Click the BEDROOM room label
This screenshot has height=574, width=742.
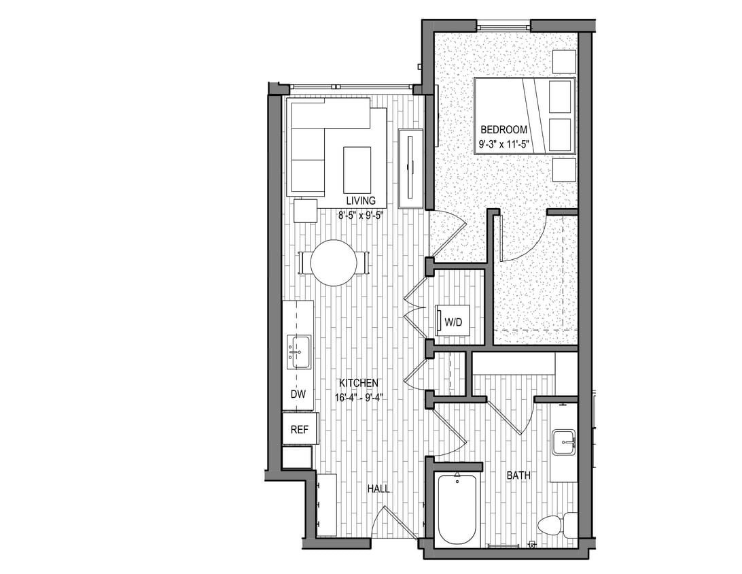click(503, 129)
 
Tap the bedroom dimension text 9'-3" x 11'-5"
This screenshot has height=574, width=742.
click(503, 144)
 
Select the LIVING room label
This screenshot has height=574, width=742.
click(361, 201)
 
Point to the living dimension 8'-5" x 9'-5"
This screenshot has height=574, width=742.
click(361, 216)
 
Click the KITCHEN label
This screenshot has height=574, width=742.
click(357, 384)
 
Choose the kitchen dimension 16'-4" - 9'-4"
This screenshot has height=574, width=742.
click(357, 398)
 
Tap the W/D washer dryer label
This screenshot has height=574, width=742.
click(453, 322)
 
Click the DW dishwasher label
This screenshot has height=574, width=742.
click(298, 394)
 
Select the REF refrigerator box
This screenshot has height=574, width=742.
click(300, 429)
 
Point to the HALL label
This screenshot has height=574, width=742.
click(378, 488)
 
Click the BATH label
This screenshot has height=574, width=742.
click(518, 476)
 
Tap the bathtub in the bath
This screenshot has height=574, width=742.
click(457, 510)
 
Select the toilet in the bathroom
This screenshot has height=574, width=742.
click(554, 525)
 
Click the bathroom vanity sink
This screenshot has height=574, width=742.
click(563, 442)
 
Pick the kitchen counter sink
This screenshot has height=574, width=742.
click(298, 352)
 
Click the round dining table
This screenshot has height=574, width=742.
click(334, 263)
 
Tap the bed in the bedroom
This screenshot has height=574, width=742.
click(524, 116)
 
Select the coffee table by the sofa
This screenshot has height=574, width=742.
click(357, 170)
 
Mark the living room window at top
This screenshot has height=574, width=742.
click(351, 86)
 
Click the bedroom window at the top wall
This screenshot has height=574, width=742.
click(503, 27)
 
